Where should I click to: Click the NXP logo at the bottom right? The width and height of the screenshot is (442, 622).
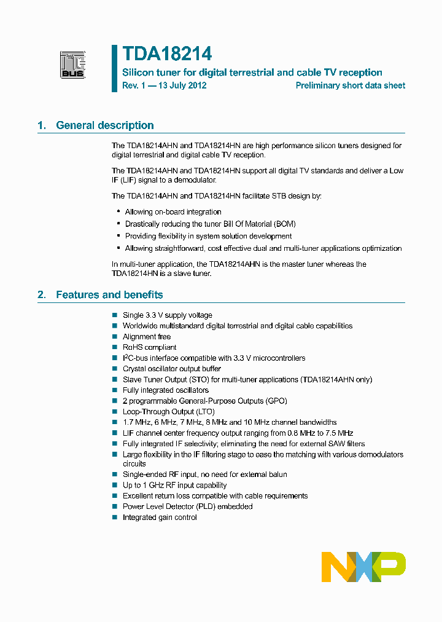tap(363, 567)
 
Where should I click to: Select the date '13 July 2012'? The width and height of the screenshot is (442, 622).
tap(181, 86)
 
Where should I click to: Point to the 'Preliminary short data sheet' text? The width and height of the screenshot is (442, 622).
tap(350, 86)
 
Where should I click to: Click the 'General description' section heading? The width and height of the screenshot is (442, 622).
tap(104, 125)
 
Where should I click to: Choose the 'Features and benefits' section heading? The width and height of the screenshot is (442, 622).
tap(109, 295)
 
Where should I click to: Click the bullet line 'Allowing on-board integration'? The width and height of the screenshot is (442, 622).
tap(173, 212)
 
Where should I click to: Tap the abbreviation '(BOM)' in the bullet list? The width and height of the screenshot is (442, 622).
tap(283, 224)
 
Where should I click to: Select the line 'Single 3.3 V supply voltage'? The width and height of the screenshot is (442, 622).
tap(167, 315)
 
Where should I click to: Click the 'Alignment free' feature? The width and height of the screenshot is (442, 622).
tap(147, 337)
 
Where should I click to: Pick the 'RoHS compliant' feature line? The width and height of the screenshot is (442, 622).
tap(149, 347)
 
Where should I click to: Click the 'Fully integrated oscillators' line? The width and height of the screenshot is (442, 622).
tap(165, 390)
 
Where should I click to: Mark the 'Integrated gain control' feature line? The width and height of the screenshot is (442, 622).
tap(160, 518)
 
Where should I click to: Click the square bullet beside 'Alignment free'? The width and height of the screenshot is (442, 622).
tap(114, 337)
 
